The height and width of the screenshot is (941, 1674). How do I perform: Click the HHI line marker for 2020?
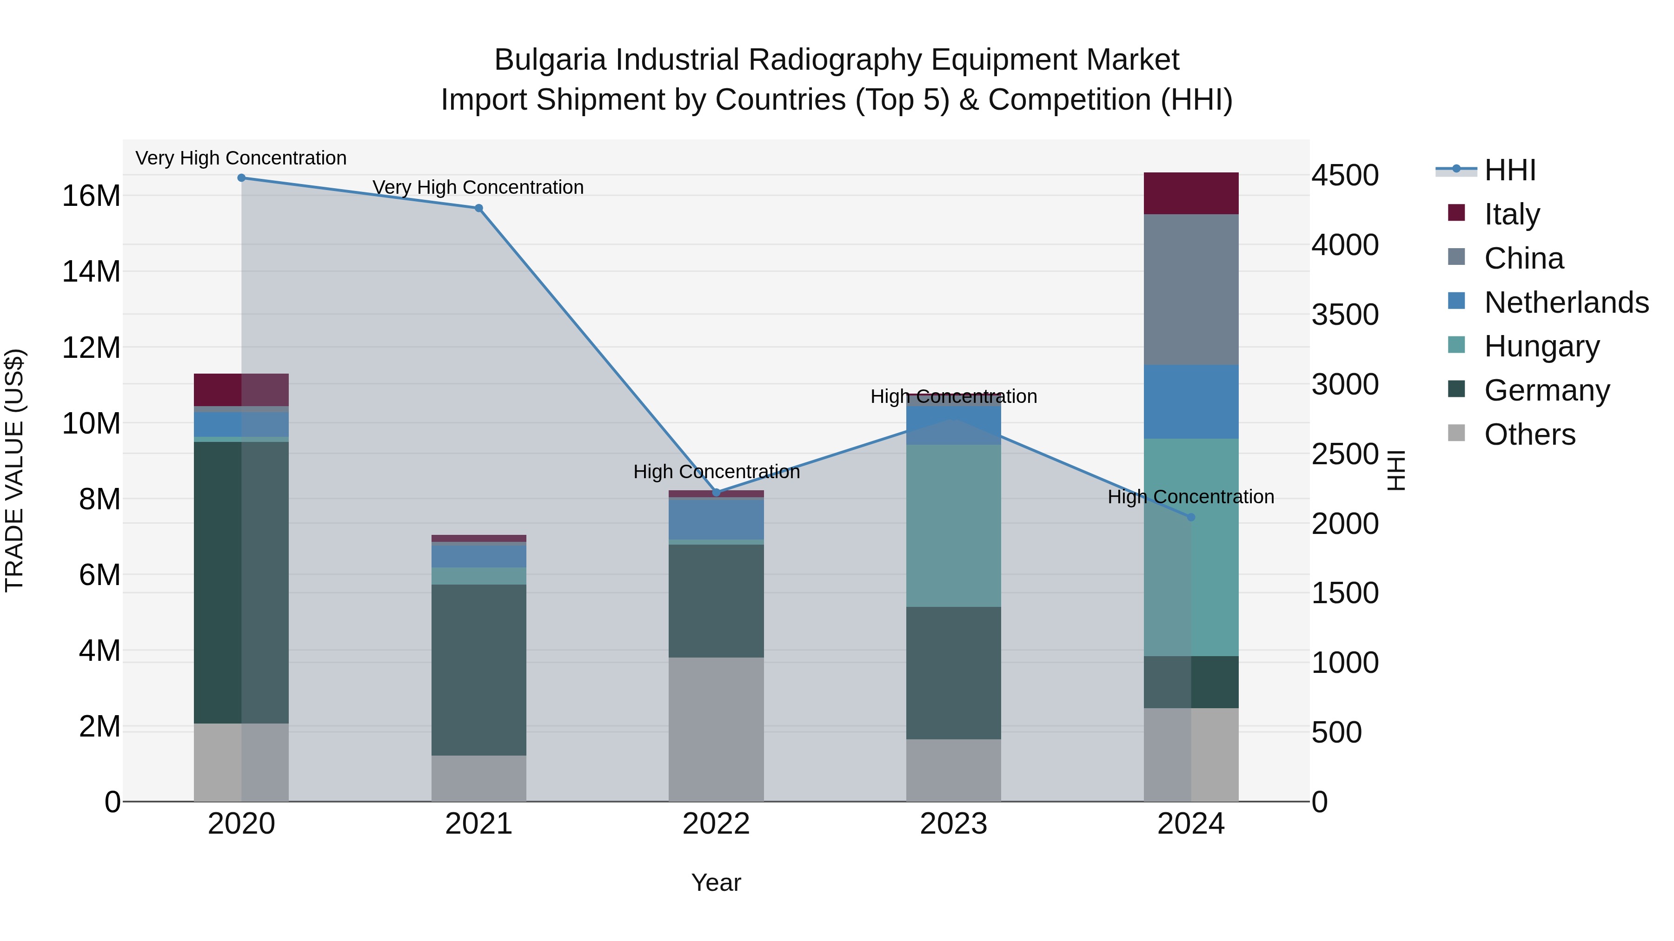(241, 178)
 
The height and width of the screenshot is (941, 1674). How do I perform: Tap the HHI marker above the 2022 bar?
(716, 492)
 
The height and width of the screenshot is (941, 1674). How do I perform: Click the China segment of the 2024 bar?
(1191, 290)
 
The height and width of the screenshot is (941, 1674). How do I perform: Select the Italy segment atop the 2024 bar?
(1191, 193)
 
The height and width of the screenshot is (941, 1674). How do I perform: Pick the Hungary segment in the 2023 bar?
(953, 526)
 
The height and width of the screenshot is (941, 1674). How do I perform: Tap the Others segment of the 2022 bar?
(716, 729)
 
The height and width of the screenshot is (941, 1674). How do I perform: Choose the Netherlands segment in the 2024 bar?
(1191, 402)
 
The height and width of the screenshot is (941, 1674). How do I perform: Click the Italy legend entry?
(1512, 214)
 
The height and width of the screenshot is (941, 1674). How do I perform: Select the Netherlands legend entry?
(1566, 303)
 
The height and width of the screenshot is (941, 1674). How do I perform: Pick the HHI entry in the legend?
(1509, 170)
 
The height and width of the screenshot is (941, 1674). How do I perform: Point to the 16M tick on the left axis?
(91, 196)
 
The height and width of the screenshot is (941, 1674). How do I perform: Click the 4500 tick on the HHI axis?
(1344, 175)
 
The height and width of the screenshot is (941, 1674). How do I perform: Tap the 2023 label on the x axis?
(953, 824)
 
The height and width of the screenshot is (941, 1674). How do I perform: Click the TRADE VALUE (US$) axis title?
(14, 470)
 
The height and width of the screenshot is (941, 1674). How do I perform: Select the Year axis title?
(716, 882)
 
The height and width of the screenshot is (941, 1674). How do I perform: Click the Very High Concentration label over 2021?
(478, 187)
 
